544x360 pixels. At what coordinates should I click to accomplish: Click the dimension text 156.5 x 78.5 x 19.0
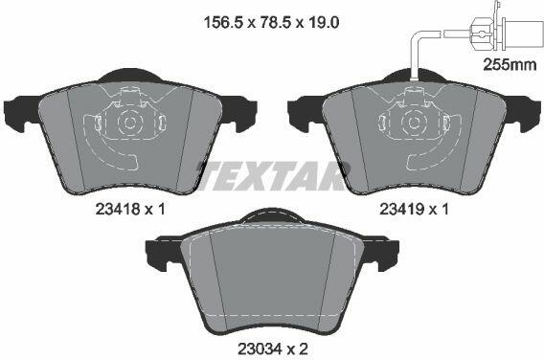(272, 23)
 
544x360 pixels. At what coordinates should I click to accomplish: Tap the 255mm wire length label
(510, 64)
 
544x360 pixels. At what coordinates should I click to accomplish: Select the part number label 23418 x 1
(130, 209)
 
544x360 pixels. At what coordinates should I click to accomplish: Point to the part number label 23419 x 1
(414, 209)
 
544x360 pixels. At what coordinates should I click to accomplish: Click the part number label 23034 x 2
(273, 349)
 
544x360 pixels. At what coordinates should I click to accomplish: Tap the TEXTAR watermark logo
(272, 176)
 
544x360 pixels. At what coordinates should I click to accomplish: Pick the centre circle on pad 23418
(130, 123)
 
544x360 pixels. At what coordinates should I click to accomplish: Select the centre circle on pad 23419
(414, 123)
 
